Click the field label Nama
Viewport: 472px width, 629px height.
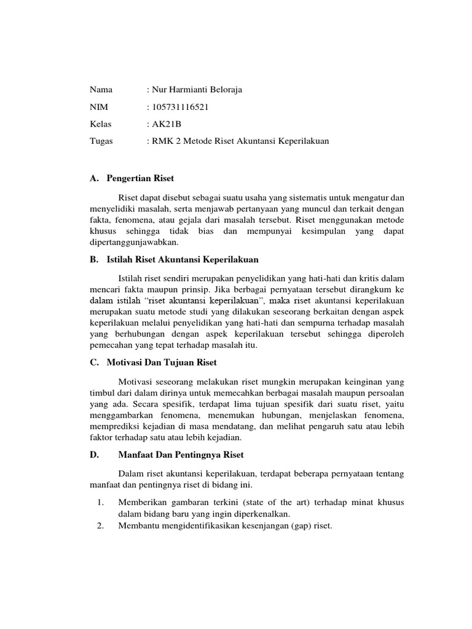(101, 90)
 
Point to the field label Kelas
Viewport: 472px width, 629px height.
(101, 124)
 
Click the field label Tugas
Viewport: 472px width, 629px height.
(102, 141)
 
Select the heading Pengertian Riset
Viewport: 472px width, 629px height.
(140, 178)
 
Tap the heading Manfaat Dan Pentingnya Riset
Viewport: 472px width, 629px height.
(181, 455)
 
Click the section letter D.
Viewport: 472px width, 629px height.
(93, 455)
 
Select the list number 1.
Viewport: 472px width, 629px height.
(100, 502)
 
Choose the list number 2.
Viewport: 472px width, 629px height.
(100, 526)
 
